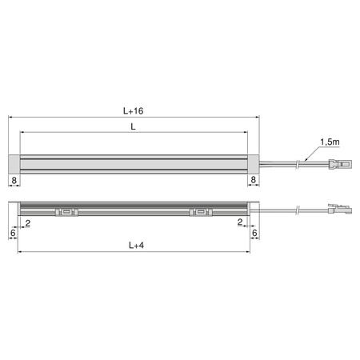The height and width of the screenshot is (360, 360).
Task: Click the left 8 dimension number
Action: [14, 180]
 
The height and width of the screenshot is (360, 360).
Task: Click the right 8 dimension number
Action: [254, 180]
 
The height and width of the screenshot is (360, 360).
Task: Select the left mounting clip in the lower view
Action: [66, 212]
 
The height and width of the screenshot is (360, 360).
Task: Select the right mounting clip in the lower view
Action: [201, 212]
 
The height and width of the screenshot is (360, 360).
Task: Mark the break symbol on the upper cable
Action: [298, 166]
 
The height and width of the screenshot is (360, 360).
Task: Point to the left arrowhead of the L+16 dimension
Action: [11, 115]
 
